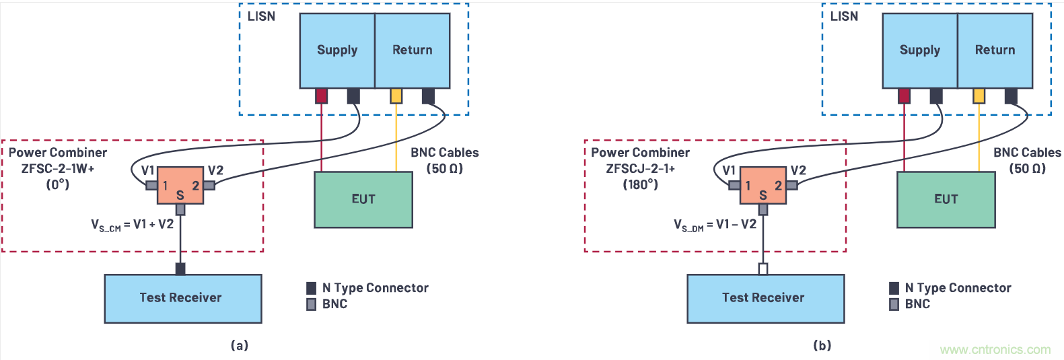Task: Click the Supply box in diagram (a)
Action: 337,50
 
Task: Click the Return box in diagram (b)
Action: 995,50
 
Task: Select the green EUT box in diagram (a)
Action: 363,199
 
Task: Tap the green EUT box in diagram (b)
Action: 946,199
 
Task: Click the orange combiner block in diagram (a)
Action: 180,186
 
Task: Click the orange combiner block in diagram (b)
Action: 762,186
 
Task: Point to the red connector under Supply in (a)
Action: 322,96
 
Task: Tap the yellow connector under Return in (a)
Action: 396,96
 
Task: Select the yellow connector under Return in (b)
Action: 979,96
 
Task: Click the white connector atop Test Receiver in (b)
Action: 762,269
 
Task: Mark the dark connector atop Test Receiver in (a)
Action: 180,269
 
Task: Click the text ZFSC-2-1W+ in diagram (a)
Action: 58,168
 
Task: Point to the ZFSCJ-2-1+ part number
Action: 640,168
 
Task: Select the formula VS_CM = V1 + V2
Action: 133,225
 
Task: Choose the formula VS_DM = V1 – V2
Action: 715,225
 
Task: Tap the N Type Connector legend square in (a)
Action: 311,288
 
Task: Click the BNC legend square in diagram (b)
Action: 894,304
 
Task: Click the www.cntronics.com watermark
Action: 995,350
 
